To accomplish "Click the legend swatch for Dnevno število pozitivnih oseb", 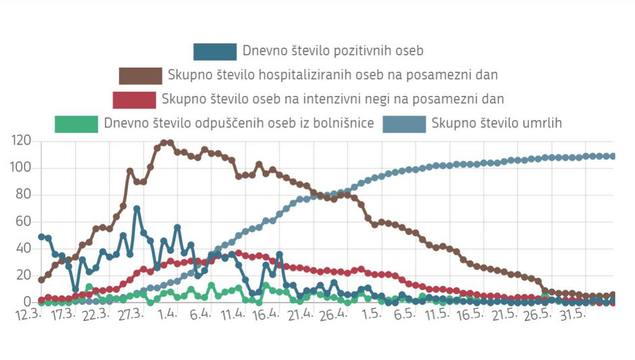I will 215,51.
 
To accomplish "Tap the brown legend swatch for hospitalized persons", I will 141,75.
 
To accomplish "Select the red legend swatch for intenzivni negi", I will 134,99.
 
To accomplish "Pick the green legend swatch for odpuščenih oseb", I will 76,124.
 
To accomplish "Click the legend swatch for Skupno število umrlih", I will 404,124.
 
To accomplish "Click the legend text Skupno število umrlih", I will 497,124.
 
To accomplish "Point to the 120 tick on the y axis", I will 22,141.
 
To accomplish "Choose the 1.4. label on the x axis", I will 168,315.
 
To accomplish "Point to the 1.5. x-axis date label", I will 370,315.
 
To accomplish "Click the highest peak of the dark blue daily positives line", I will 136,209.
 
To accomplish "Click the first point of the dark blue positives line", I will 41,237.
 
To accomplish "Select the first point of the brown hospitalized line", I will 41,280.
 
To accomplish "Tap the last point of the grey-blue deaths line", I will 613,156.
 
